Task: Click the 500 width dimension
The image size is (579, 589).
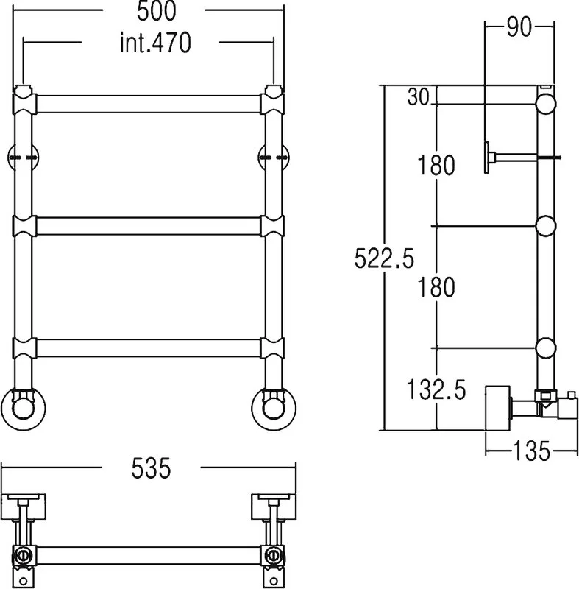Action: tap(156, 11)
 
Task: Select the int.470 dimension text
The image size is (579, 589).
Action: tap(156, 43)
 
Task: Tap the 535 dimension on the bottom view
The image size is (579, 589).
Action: tap(151, 468)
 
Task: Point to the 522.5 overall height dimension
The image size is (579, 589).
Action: tap(384, 258)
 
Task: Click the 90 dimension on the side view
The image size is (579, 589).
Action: tap(519, 27)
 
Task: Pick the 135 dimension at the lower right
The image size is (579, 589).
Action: tap(531, 451)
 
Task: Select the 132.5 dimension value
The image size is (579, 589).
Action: tap(436, 389)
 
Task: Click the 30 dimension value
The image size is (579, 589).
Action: tap(418, 96)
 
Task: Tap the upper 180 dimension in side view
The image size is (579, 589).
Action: tap(436, 165)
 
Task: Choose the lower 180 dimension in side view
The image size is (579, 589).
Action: tap(436, 287)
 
